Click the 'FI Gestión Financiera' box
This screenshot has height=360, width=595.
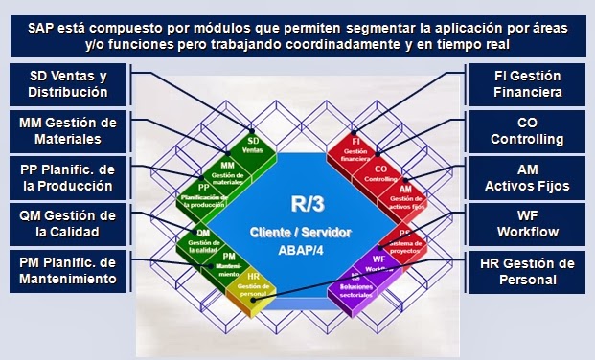[526, 84]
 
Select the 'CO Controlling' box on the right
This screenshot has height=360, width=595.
[526, 130]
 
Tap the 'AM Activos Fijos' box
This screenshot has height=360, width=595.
[526, 177]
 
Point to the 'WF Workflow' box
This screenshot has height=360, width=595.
[526, 223]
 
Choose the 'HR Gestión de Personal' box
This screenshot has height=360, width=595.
[526, 270]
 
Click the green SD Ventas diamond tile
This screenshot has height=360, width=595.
[253, 146]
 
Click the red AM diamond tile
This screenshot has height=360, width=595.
[404, 194]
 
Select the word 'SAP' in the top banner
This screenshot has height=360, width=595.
[45, 29]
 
